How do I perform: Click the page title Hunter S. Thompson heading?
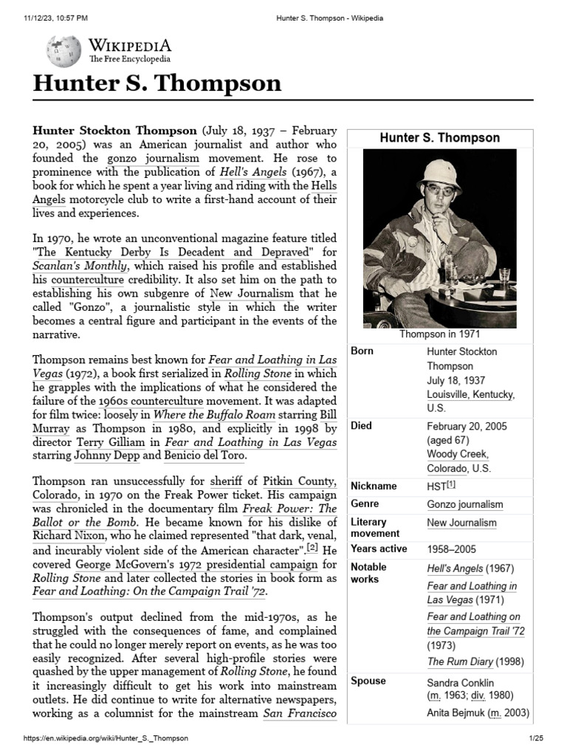coord(157,83)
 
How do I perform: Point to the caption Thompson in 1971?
coord(439,334)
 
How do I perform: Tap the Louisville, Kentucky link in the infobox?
coord(470,394)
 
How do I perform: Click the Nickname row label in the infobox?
coord(374,486)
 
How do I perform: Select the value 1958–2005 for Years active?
coord(451,549)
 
